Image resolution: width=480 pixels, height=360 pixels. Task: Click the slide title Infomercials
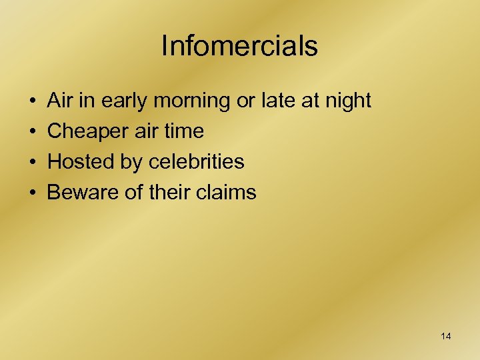point(239,46)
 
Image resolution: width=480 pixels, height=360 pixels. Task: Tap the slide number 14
point(446,336)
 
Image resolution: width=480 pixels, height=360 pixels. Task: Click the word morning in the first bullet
point(191,101)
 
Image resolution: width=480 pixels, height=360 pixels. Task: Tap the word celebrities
point(197,162)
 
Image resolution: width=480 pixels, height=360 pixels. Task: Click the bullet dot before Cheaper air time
point(32,132)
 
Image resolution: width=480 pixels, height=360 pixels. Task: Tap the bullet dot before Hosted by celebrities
point(32,163)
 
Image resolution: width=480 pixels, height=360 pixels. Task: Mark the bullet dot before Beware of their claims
point(32,193)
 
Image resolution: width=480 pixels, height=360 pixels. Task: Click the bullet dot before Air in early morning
point(32,101)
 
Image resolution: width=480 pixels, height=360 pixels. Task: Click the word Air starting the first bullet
point(60,101)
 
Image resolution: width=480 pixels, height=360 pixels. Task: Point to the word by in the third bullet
point(130,163)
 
